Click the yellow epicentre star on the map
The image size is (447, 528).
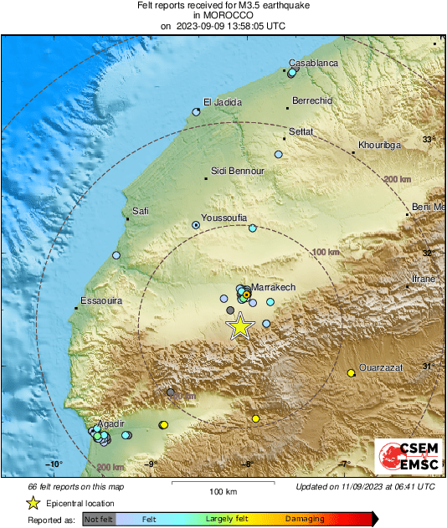click(x=240, y=327)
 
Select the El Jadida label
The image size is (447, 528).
click(x=223, y=102)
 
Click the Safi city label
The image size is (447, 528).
click(x=141, y=211)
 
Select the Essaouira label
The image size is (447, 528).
click(x=100, y=300)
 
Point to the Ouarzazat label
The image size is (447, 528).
click(x=381, y=367)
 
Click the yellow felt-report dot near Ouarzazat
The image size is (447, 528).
click(x=351, y=373)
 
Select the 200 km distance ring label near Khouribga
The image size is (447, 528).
click(x=396, y=180)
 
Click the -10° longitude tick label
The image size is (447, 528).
click(x=54, y=464)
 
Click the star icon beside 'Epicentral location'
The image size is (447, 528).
click(x=33, y=503)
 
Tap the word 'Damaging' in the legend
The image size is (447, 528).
click(x=305, y=520)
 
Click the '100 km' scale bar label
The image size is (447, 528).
click(x=223, y=490)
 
